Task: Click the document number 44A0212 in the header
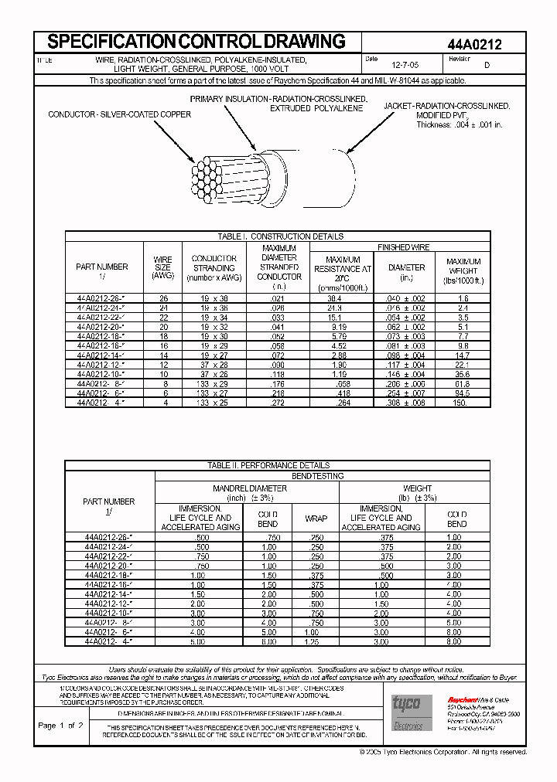[x=475, y=45]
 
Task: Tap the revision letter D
[x=486, y=66]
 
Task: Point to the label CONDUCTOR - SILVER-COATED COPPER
[x=119, y=114]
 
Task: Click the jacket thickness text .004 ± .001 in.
[x=460, y=124]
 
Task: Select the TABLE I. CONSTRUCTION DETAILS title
[x=276, y=236]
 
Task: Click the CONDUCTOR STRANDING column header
[x=214, y=267]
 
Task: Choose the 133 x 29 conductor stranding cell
[x=214, y=383]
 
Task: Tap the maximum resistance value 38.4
[x=334, y=297]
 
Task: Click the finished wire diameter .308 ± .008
[x=406, y=402]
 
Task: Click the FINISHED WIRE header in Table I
[x=403, y=247]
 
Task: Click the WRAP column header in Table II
[x=316, y=518]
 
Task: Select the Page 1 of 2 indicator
[x=60, y=726]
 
